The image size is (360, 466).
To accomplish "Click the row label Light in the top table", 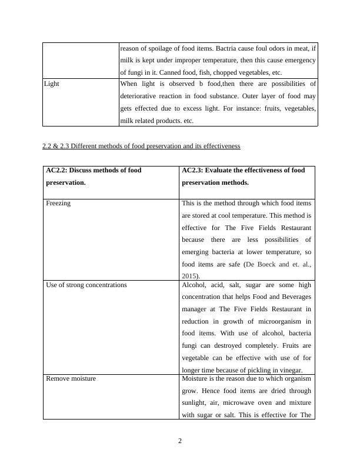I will click(x=52, y=84).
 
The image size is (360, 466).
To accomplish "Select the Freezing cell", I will click(x=58, y=203).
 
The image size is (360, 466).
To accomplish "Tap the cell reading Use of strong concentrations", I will click(x=86, y=285).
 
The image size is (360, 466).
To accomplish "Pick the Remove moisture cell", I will click(x=71, y=378).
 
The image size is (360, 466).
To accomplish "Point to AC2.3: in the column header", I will click(x=195, y=171).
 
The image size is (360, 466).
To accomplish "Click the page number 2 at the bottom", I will click(x=180, y=441).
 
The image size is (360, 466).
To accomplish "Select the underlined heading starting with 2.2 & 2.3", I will click(x=141, y=146).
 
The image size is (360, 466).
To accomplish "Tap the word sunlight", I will click(x=195, y=402).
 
